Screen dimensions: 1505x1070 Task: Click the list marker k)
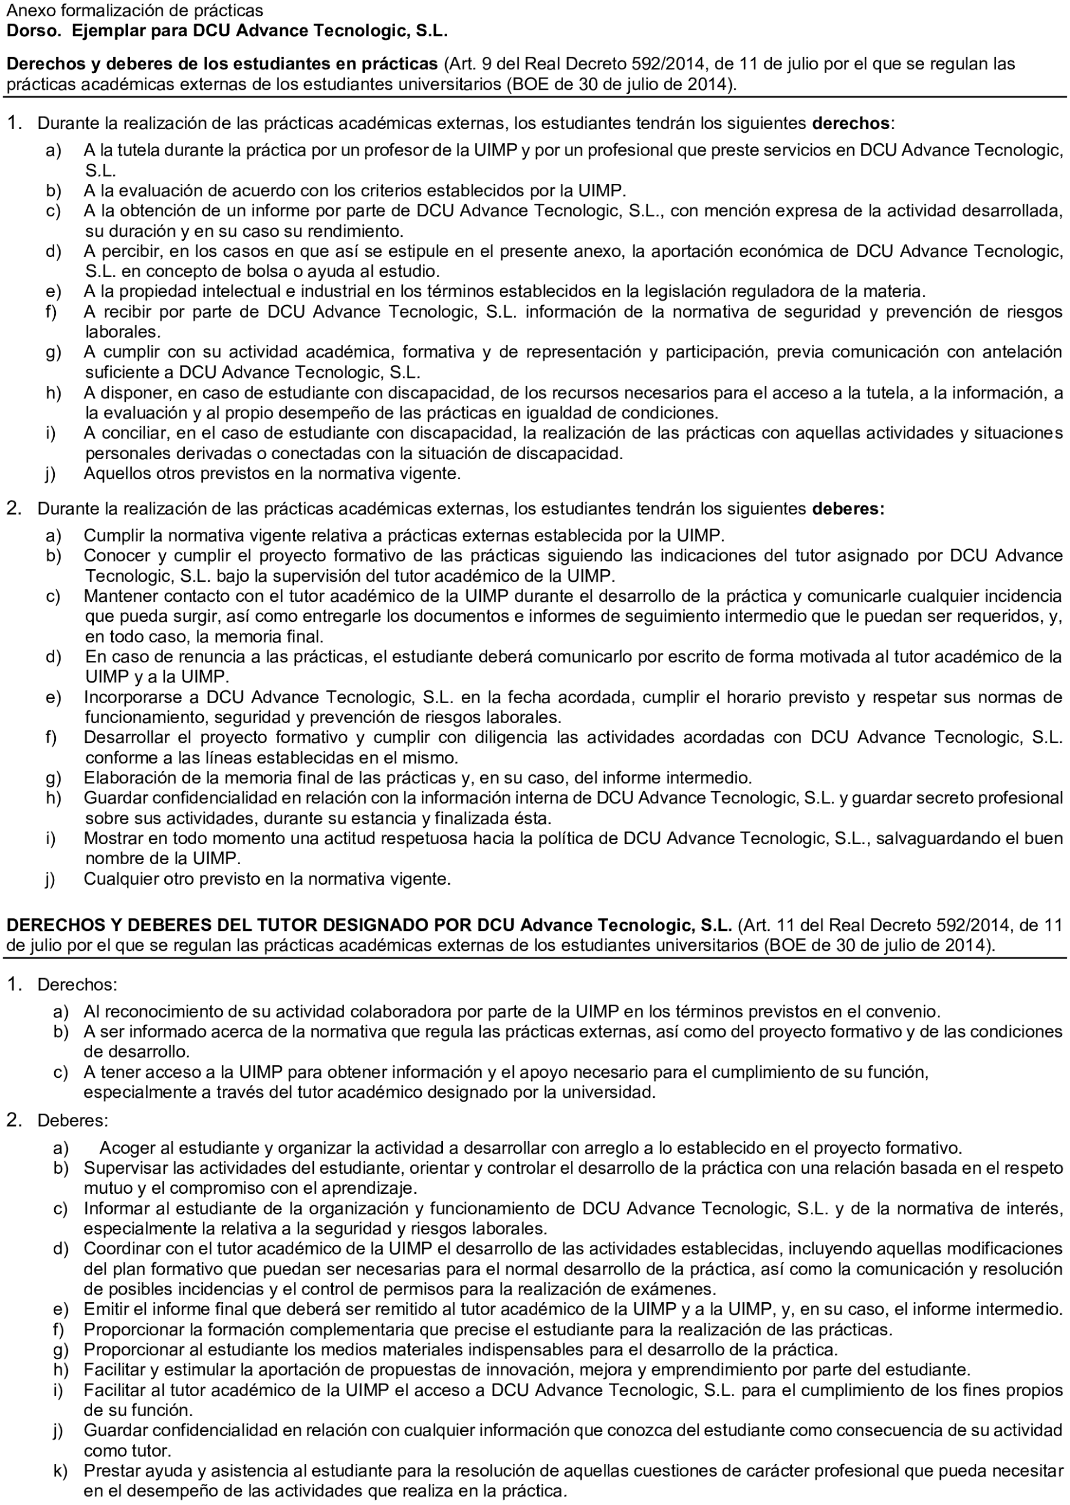pos(60,1470)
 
